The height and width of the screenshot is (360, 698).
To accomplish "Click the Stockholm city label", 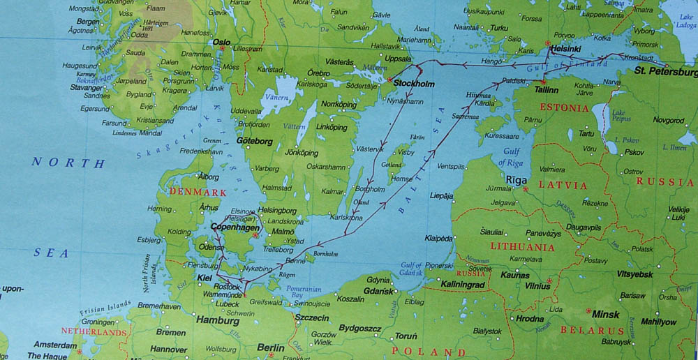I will click(x=415, y=84).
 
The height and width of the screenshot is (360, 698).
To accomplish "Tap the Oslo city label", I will click(x=221, y=42).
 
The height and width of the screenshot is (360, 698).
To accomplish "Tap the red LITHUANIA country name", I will click(x=522, y=247).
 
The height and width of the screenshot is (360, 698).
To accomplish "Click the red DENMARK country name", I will click(x=198, y=193).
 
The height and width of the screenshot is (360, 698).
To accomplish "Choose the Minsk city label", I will click(x=605, y=314).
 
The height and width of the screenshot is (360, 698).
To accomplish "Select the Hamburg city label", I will click(x=218, y=321).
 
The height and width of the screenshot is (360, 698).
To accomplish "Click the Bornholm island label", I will click(x=326, y=254).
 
